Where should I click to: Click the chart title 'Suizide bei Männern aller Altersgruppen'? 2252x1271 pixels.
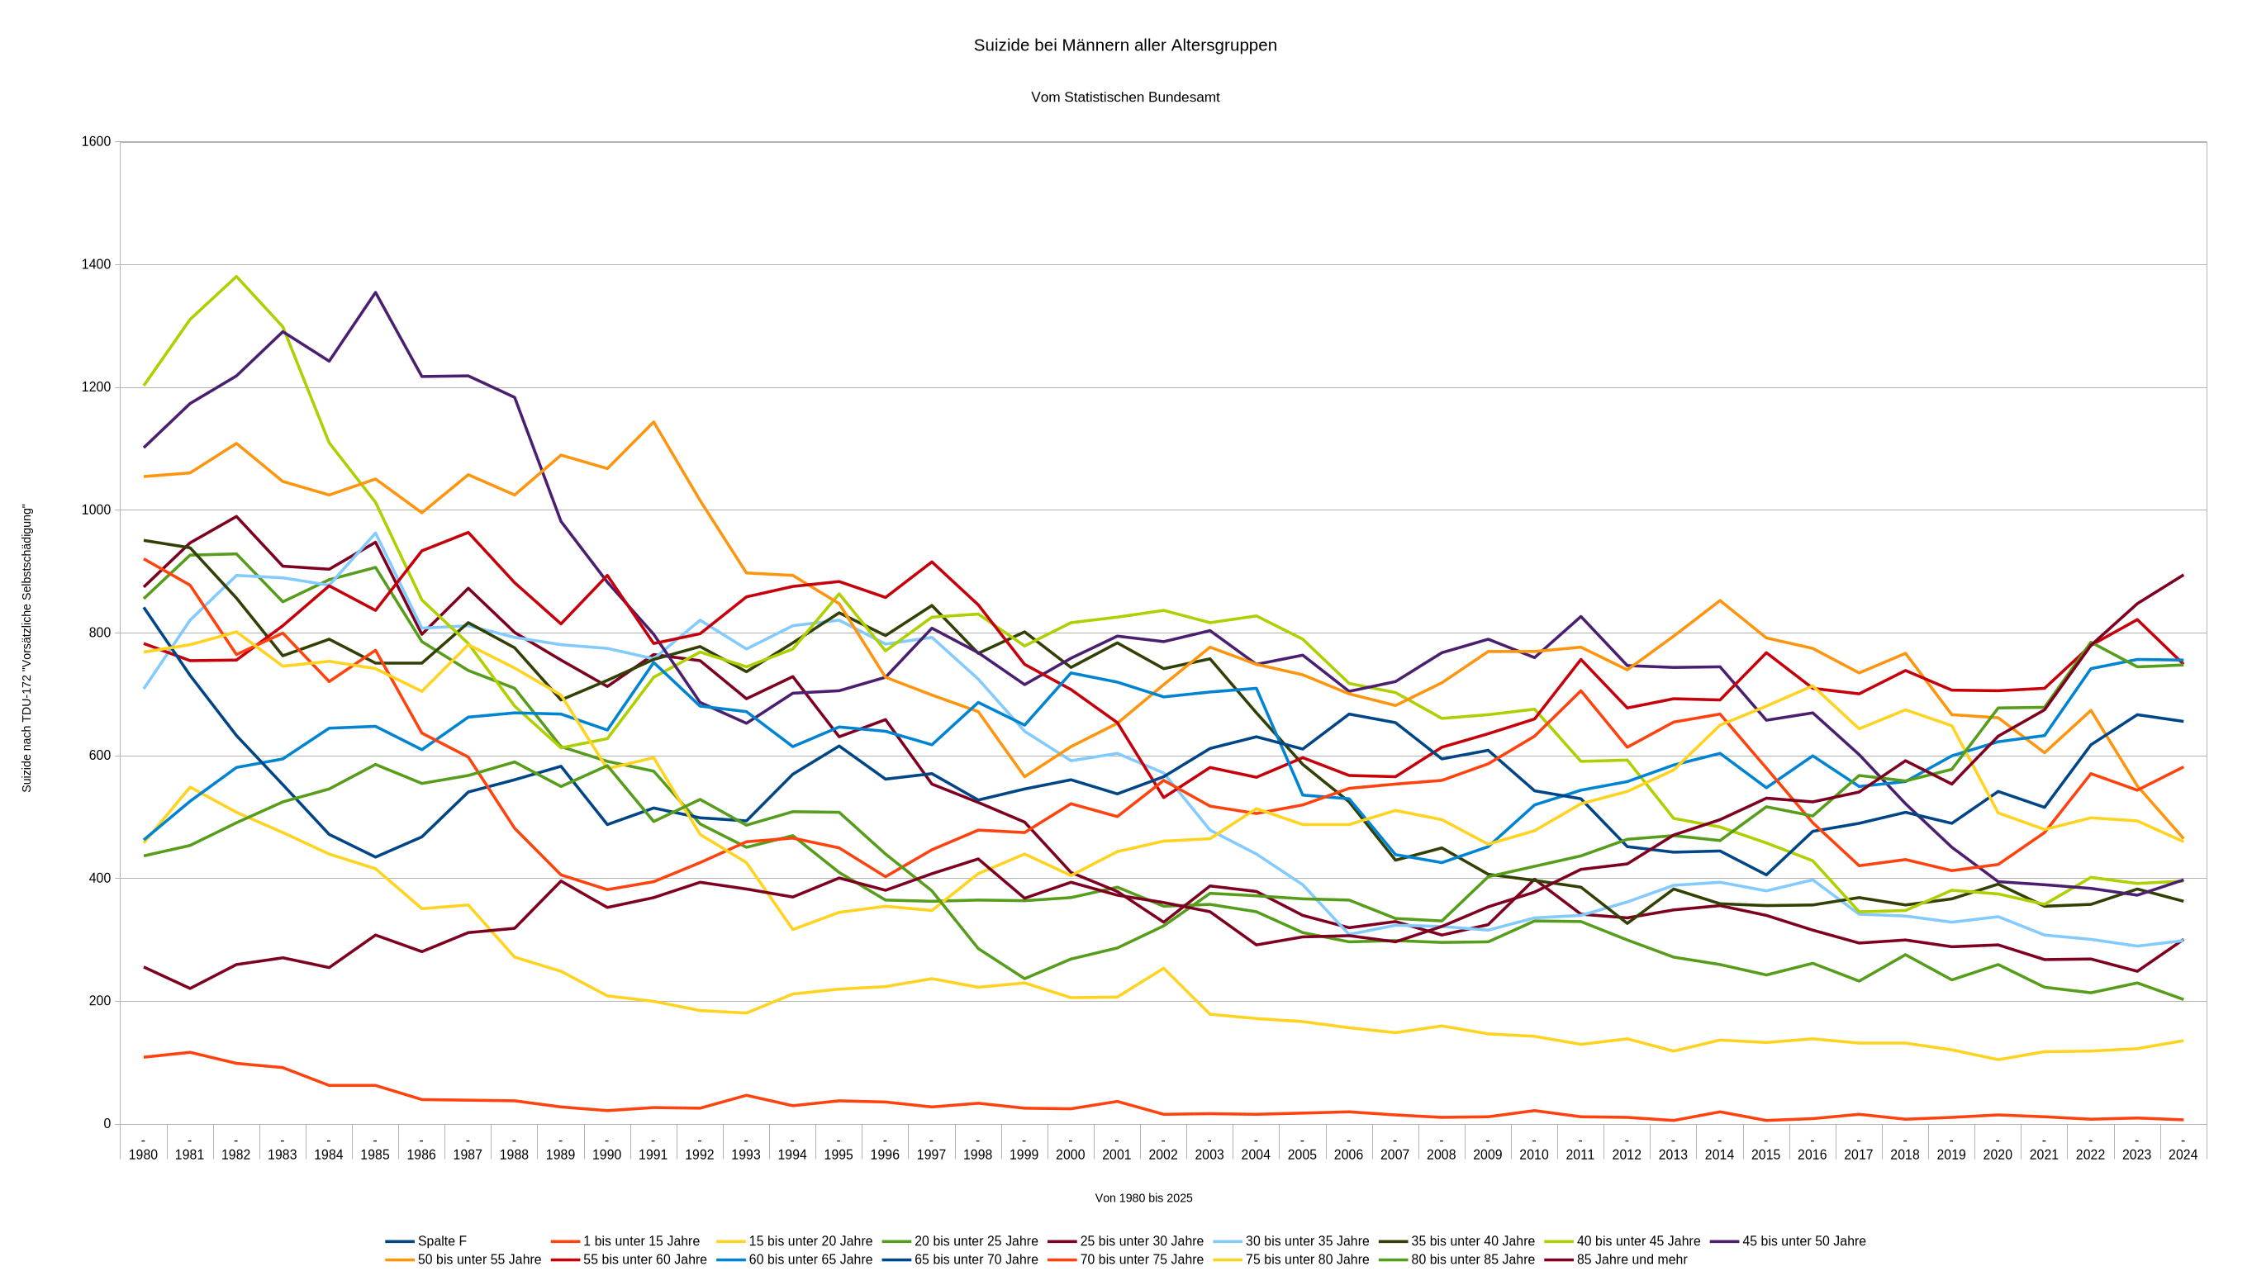(x=1125, y=45)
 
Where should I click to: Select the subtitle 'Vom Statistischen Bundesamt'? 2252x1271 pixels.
(x=1125, y=97)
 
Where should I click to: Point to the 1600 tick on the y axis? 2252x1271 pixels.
(x=96, y=141)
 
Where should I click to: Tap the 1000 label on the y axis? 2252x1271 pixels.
(x=96, y=510)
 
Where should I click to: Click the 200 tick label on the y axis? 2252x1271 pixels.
(x=100, y=1001)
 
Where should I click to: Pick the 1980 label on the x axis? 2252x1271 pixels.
(x=144, y=1155)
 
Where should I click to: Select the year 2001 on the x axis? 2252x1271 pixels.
(x=1116, y=1155)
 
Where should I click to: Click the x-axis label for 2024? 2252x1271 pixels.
(x=2183, y=1155)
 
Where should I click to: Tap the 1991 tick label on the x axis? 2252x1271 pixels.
(x=653, y=1155)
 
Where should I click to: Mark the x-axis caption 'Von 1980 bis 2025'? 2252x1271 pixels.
(x=1143, y=1198)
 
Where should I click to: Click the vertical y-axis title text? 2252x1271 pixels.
(x=26, y=648)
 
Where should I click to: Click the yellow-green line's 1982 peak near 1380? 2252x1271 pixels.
(x=236, y=277)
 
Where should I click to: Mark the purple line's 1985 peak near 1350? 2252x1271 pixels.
(x=375, y=293)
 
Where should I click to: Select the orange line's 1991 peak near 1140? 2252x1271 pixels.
(x=653, y=422)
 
